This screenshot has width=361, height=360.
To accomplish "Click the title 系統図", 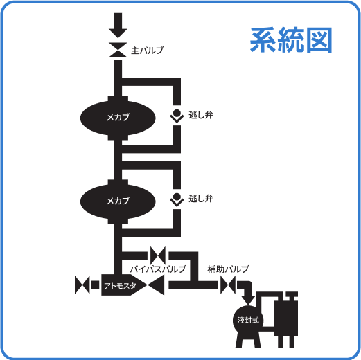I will [291, 41].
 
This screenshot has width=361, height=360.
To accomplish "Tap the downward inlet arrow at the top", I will [117, 26].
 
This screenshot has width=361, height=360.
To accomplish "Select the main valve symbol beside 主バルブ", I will [117, 51].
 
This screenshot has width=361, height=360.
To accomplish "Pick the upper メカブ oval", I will [117, 116].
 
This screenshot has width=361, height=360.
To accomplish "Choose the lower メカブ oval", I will [117, 201].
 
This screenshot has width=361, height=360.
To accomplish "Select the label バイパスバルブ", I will [158, 269].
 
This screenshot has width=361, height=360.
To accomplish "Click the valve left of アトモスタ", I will [84, 285].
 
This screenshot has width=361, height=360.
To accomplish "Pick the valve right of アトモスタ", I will [157, 285].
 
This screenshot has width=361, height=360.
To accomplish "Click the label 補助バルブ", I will [228, 269].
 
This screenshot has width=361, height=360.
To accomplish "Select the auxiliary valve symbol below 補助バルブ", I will [228, 285].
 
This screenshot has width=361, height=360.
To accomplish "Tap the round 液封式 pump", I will [247, 320].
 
